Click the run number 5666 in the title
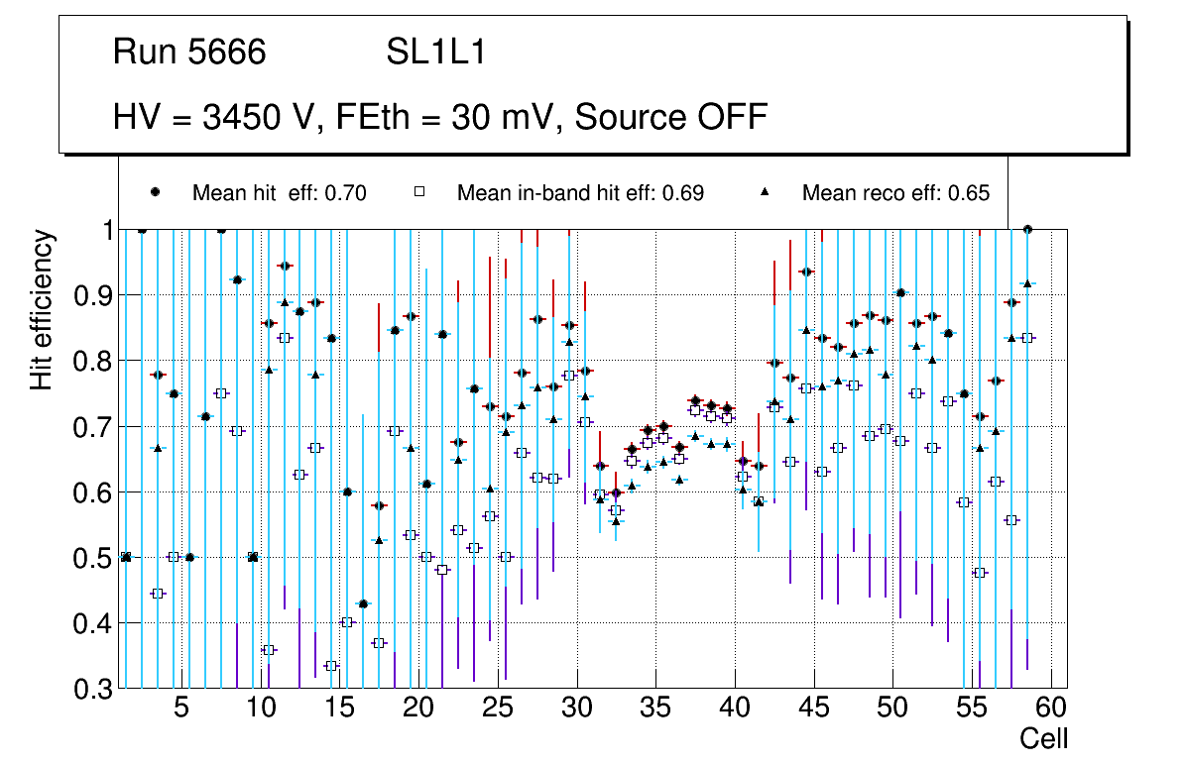pos(227,52)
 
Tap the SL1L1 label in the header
pos(435,52)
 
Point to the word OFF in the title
pos(733,117)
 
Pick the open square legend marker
pos(421,192)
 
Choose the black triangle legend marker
pos(767,192)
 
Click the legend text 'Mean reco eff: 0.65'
pos(895,193)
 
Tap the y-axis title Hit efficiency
pos(42,309)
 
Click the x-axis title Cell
pos(1044,739)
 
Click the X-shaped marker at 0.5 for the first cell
pos(125,557)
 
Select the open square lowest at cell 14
pos(331,666)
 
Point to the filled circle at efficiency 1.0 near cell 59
pos(1027,229)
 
